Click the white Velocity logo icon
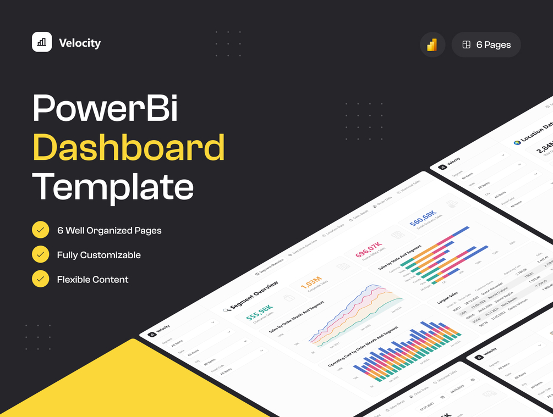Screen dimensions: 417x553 (42, 42)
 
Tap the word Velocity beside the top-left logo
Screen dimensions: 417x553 (80, 43)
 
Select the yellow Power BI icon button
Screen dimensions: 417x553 (432, 45)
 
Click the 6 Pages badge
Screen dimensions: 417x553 (486, 45)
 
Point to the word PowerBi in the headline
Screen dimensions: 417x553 (105, 108)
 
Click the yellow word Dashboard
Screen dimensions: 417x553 (129, 147)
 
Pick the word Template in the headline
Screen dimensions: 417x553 (113, 186)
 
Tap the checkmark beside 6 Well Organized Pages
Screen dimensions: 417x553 (40, 230)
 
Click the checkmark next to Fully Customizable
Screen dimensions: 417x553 (40, 254)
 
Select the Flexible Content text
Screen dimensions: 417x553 (92, 279)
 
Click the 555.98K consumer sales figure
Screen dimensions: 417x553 (259, 312)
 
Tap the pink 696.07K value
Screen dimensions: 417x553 (368, 249)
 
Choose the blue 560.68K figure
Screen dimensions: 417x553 (423, 218)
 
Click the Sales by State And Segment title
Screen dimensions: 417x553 (400, 257)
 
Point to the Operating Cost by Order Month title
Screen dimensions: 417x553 (362, 347)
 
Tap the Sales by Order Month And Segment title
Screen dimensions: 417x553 (296, 317)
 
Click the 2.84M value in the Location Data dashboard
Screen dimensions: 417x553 (545, 147)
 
